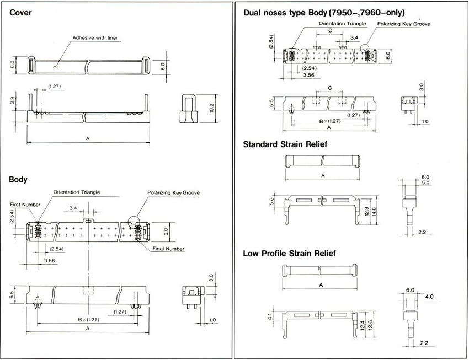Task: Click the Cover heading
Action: (20, 13)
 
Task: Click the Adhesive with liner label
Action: (95, 38)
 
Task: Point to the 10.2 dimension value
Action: (212, 108)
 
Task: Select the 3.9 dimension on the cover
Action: (12, 100)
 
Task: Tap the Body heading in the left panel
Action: (18, 179)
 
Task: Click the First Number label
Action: (25, 205)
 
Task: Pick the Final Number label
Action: (168, 249)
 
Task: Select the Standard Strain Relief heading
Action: (285, 144)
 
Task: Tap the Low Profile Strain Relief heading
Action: (289, 254)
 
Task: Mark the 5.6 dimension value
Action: (271, 201)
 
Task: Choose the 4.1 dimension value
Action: (269, 316)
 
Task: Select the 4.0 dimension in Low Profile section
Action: (429, 297)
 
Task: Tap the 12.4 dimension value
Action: (363, 325)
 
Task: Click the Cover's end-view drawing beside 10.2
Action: (189, 109)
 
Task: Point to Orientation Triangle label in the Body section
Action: (77, 192)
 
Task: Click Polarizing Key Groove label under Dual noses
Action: (403, 24)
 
